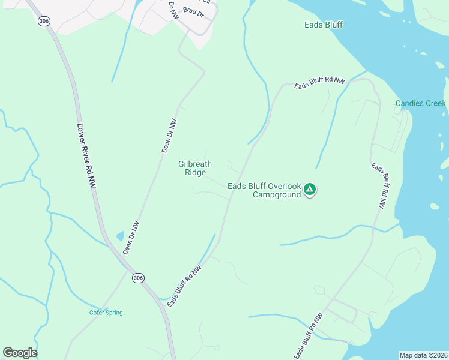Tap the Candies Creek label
(x=420, y=103)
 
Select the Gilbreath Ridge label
(x=195, y=168)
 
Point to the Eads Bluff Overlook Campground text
(x=264, y=190)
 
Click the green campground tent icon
(x=310, y=190)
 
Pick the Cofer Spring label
(x=106, y=313)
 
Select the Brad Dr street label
(x=194, y=12)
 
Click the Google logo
(x=20, y=353)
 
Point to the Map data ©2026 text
(x=423, y=355)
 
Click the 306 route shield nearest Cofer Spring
(x=138, y=277)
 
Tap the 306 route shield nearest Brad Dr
(x=43, y=21)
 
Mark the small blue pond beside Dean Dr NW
(x=120, y=236)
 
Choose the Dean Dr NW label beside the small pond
(x=131, y=238)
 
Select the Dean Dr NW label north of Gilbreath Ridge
(x=170, y=136)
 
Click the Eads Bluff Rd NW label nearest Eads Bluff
(x=320, y=83)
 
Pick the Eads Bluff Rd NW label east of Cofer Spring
(x=184, y=287)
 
